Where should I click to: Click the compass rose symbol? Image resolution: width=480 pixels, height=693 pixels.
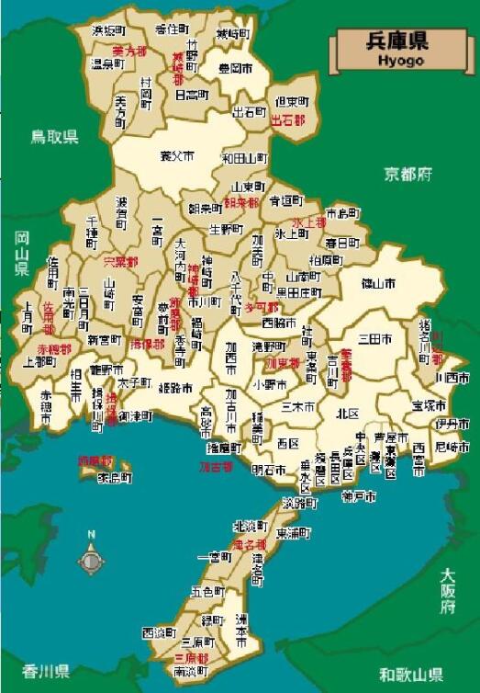[x=91, y=559]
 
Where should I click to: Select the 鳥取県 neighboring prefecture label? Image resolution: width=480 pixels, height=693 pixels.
[x=56, y=137]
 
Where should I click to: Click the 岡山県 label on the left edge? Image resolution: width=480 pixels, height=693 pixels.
[x=21, y=253]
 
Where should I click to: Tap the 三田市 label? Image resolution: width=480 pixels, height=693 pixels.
[x=375, y=340]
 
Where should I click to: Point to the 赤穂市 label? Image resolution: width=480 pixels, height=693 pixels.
[x=47, y=406]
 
